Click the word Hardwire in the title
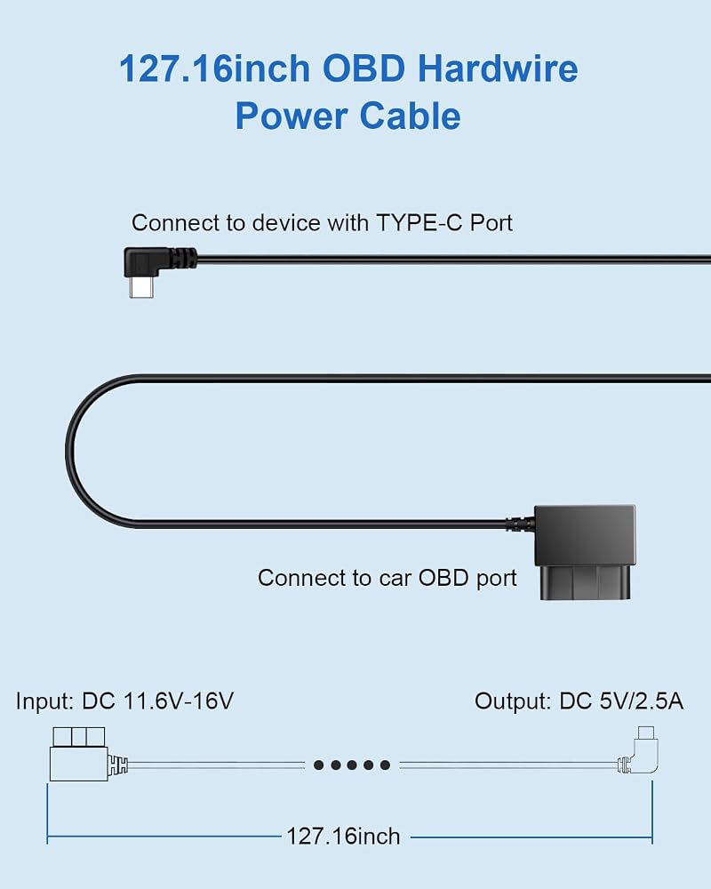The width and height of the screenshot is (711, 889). [498, 68]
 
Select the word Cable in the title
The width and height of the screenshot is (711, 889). [410, 116]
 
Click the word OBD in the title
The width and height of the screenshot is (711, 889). [364, 68]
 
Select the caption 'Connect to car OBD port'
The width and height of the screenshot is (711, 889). [387, 578]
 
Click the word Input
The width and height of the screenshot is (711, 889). [44, 701]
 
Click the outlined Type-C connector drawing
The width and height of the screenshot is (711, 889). [640, 750]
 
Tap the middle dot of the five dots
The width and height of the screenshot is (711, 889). [352, 765]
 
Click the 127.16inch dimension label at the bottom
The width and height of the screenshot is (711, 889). [344, 837]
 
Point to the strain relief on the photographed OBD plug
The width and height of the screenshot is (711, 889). [520, 524]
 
